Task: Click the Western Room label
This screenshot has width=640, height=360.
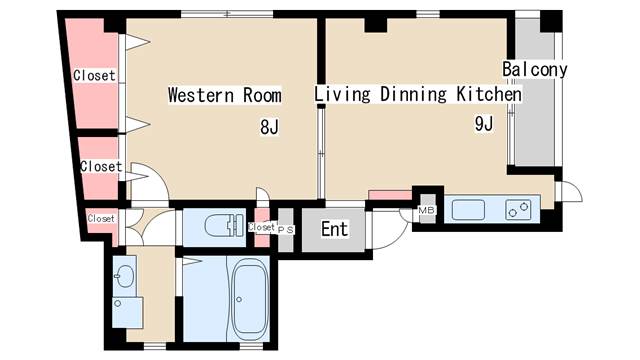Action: tap(225, 95)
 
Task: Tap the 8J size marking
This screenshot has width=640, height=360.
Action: tap(269, 127)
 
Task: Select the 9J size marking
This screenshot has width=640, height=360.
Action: tap(484, 123)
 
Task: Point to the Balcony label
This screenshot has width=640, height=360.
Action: tap(534, 69)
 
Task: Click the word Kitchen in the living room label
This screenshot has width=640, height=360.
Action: tap(489, 94)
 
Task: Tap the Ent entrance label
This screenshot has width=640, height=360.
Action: tap(335, 229)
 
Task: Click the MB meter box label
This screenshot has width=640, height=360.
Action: tap(427, 211)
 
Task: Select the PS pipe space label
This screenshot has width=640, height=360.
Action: tap(286, 230)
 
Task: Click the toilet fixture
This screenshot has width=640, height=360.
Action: tap(224, 225)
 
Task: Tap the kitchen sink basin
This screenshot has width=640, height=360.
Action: tap(468, 210)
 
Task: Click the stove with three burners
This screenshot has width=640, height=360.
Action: tap(518, 210)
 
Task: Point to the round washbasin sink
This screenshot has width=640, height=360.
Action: tap(125, 276)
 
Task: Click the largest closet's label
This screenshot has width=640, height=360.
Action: tap(94, 76)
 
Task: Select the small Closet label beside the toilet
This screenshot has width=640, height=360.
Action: tap(262, 227)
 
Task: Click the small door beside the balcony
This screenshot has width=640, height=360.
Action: tap(568, 191)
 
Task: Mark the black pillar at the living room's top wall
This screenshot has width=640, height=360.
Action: tap(376, 25)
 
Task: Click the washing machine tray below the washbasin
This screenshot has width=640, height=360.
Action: tap(128, 312)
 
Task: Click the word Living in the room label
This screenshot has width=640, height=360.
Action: tap(342, 94)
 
